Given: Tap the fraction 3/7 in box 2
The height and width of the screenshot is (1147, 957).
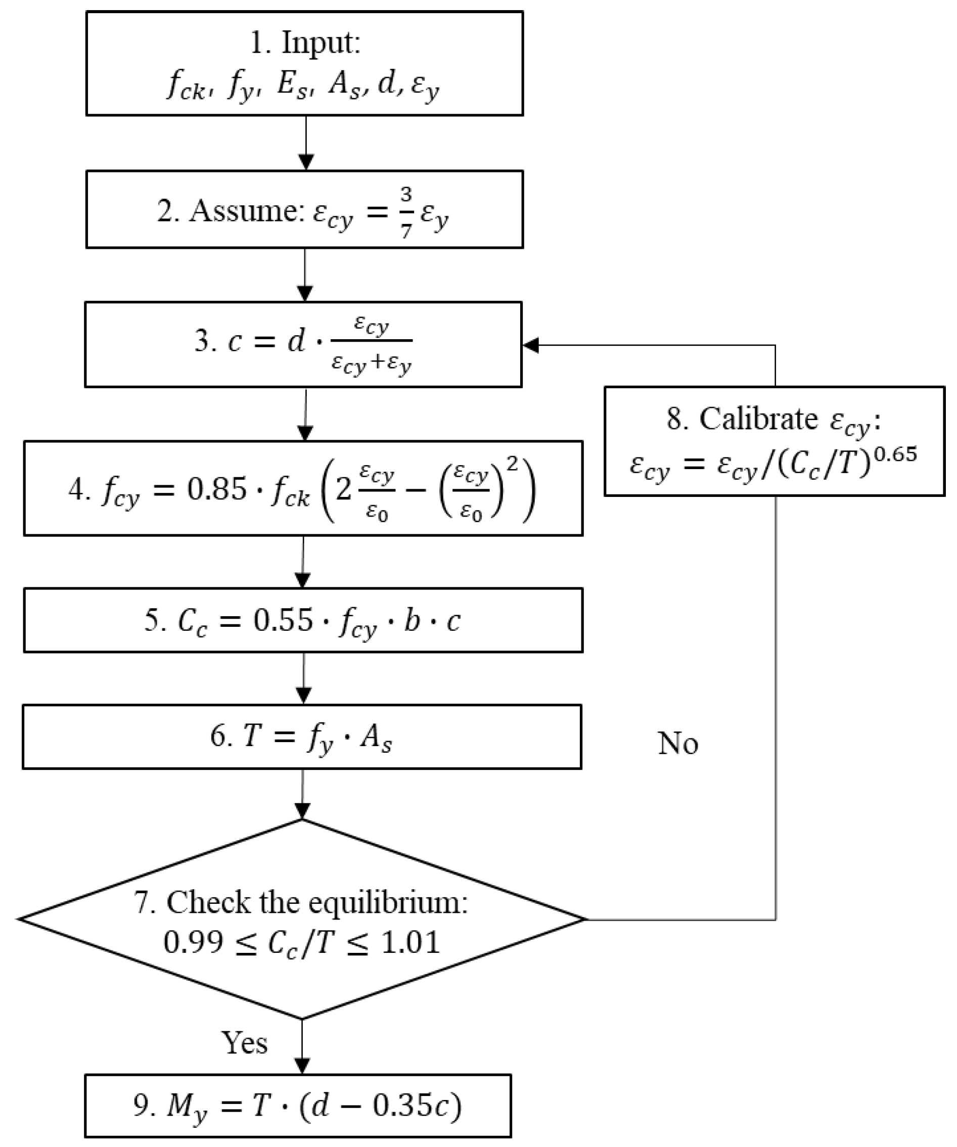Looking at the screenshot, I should coord(405,212).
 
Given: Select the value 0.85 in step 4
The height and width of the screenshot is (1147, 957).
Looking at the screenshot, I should coord(217,489).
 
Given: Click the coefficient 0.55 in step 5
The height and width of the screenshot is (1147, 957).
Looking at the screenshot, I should coord(283,620).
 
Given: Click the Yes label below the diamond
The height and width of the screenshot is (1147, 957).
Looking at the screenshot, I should coord(244,1043).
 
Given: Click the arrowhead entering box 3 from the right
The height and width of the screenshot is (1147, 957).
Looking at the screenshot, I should coord(531,345).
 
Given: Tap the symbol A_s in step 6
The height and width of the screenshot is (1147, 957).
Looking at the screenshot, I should coord(375,738).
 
